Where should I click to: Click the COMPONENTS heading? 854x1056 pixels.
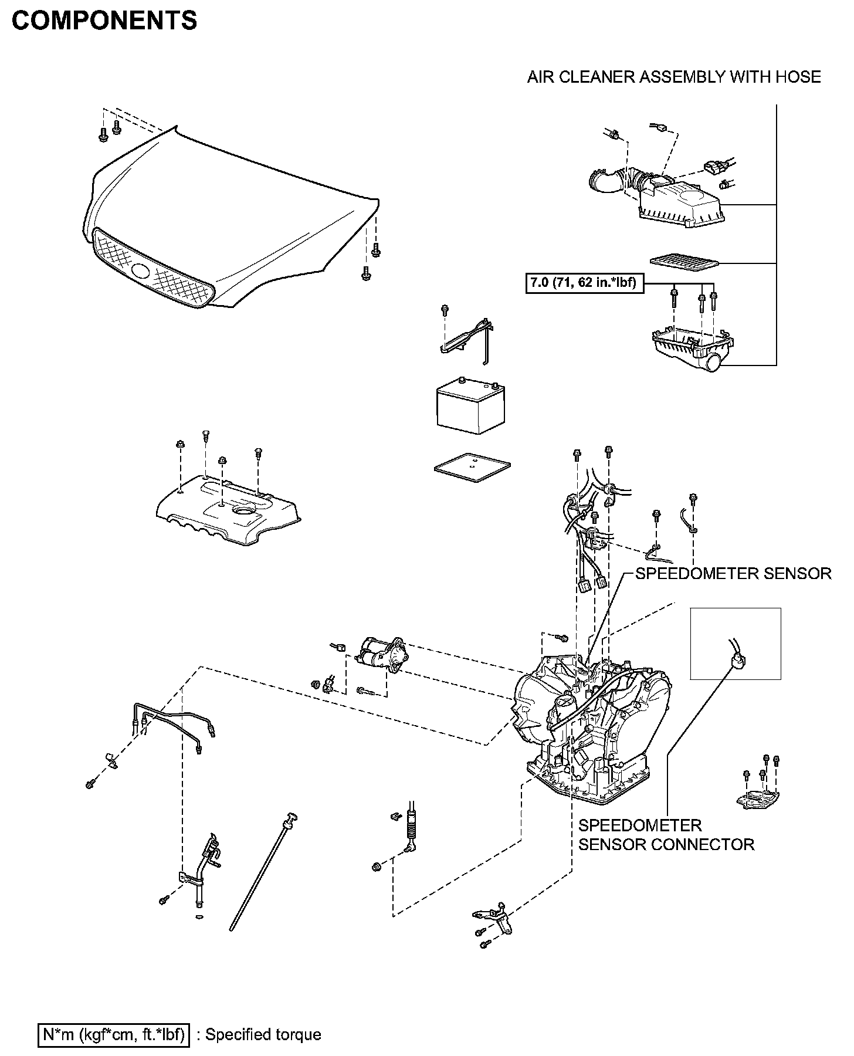(x=104, y=21)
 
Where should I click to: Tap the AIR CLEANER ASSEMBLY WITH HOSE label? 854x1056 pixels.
(x=674, y=77)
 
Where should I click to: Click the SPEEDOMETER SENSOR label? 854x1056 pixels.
(x=733, y=573)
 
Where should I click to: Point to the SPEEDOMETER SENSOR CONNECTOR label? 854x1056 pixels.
(x=666, y=835)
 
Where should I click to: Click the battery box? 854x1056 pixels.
(x=470, y=408)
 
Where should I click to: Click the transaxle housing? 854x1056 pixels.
(x=592, y=733)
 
